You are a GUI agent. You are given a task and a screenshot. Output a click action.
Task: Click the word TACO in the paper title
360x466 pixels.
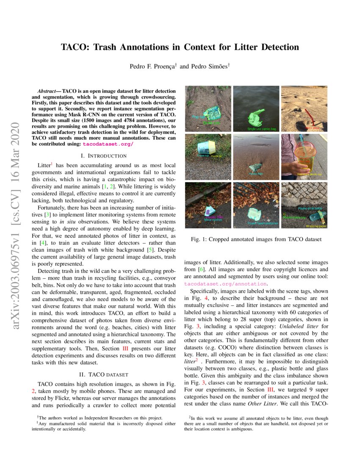click(75, 47)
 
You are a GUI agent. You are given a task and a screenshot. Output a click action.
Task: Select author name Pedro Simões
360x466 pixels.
click(209, 67)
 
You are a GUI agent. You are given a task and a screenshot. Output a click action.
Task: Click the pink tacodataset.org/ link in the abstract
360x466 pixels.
click(108, 144)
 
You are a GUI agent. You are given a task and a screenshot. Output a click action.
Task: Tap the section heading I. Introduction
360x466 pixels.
click(103, 156)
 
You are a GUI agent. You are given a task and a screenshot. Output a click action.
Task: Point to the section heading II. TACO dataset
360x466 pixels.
click(103, 374)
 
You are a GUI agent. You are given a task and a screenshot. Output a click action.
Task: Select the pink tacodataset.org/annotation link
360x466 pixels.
click(226, 283)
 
